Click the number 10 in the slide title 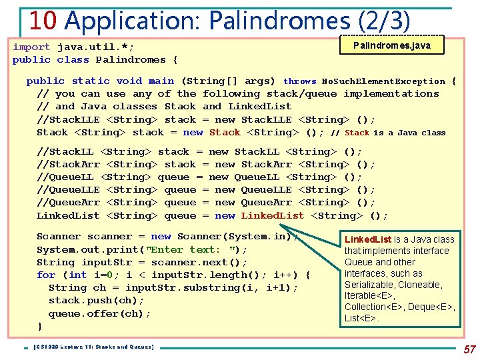click(43, 20)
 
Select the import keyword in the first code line click(31, 47)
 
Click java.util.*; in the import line click(95, 47)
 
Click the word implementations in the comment click(391, 94)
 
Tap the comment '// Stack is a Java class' click(388, 133)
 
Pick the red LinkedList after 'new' click(272, 215)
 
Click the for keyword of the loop click(46, 275)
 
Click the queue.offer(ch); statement click(99, 313)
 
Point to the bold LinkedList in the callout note click(367, 239)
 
